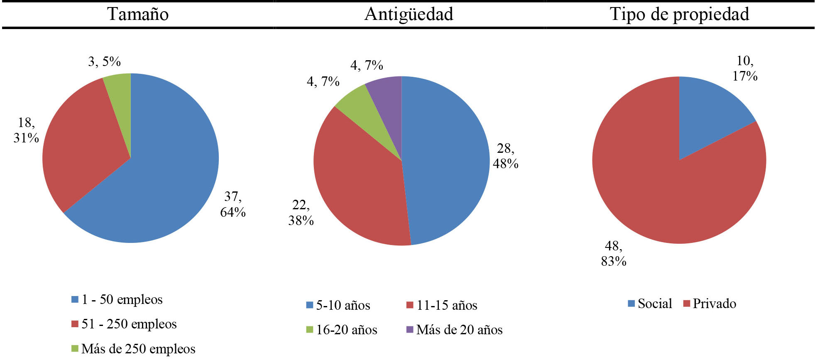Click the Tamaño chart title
click(138, 14)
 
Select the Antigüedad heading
click(409, 14)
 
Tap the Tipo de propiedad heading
click(679, 14)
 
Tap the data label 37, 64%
click(233, 204)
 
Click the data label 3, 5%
click(104, 62)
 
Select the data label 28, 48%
click(505, 156)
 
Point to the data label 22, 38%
click(301, 213)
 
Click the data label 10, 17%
click(745, 69)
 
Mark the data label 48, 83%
click(614, 253)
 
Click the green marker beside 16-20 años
click(309, 330)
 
